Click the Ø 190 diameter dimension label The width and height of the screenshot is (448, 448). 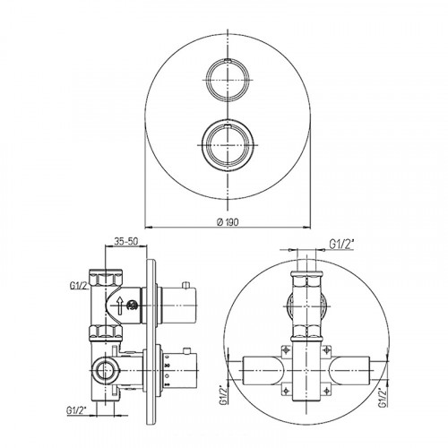(x=228, y=222)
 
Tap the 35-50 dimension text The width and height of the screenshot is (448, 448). (x=126, y=241)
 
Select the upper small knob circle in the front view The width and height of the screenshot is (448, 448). (x=228, y=80)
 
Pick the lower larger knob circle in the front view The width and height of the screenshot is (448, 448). (x=228, y=145)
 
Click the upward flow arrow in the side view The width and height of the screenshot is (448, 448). (x=120, y=306)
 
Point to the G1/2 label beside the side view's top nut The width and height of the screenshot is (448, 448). (x=80, y=286)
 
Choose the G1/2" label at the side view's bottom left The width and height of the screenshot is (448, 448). (x=76, y=410)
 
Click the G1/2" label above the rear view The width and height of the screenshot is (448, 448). (x=341, y=245)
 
